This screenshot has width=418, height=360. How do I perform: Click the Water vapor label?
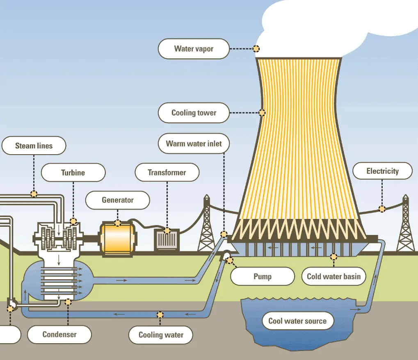point(194,49)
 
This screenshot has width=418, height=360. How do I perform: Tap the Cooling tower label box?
point(194,112)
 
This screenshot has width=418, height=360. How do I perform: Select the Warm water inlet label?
point(194,144)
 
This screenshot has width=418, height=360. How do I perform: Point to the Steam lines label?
point(34,146)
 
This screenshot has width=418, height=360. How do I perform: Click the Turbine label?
point(73,173)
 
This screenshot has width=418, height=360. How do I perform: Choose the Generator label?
point(118,201)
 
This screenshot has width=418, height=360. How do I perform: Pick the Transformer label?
point(167,173)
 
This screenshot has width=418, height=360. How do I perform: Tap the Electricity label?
point(382,171)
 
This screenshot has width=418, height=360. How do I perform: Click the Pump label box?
point(263,276)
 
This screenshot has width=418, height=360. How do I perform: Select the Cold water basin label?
point(333,276)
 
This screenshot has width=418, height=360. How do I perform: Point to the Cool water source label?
point(297,321)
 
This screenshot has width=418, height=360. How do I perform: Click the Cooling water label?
point(161,335)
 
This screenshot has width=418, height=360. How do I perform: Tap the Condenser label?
point(59,334)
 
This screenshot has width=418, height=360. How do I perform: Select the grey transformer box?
point(167,239)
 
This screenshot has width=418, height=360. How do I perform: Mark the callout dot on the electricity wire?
point(382,209)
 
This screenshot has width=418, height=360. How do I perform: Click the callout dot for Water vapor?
point(256,49)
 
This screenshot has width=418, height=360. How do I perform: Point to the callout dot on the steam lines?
point(34,193)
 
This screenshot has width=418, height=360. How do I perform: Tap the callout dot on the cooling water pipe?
point(160,315)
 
